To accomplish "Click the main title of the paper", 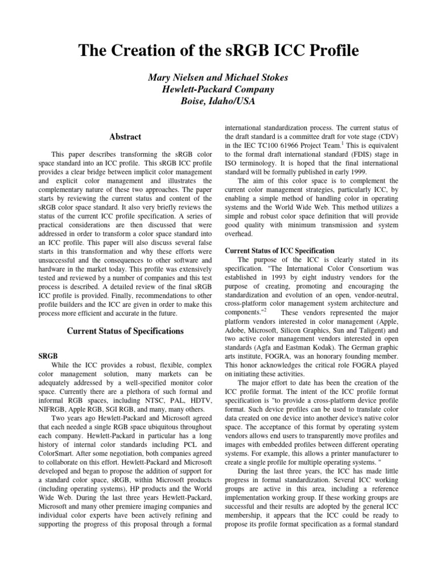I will [x=218, y=51].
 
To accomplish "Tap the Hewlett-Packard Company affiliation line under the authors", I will [x=218, y=89].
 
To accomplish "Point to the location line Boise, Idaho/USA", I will [x=218, y=102].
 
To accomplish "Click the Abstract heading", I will [x=125, y=137].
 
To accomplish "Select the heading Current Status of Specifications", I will [x=126, y=331].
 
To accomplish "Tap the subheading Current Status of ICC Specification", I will [x=279, y=251].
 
